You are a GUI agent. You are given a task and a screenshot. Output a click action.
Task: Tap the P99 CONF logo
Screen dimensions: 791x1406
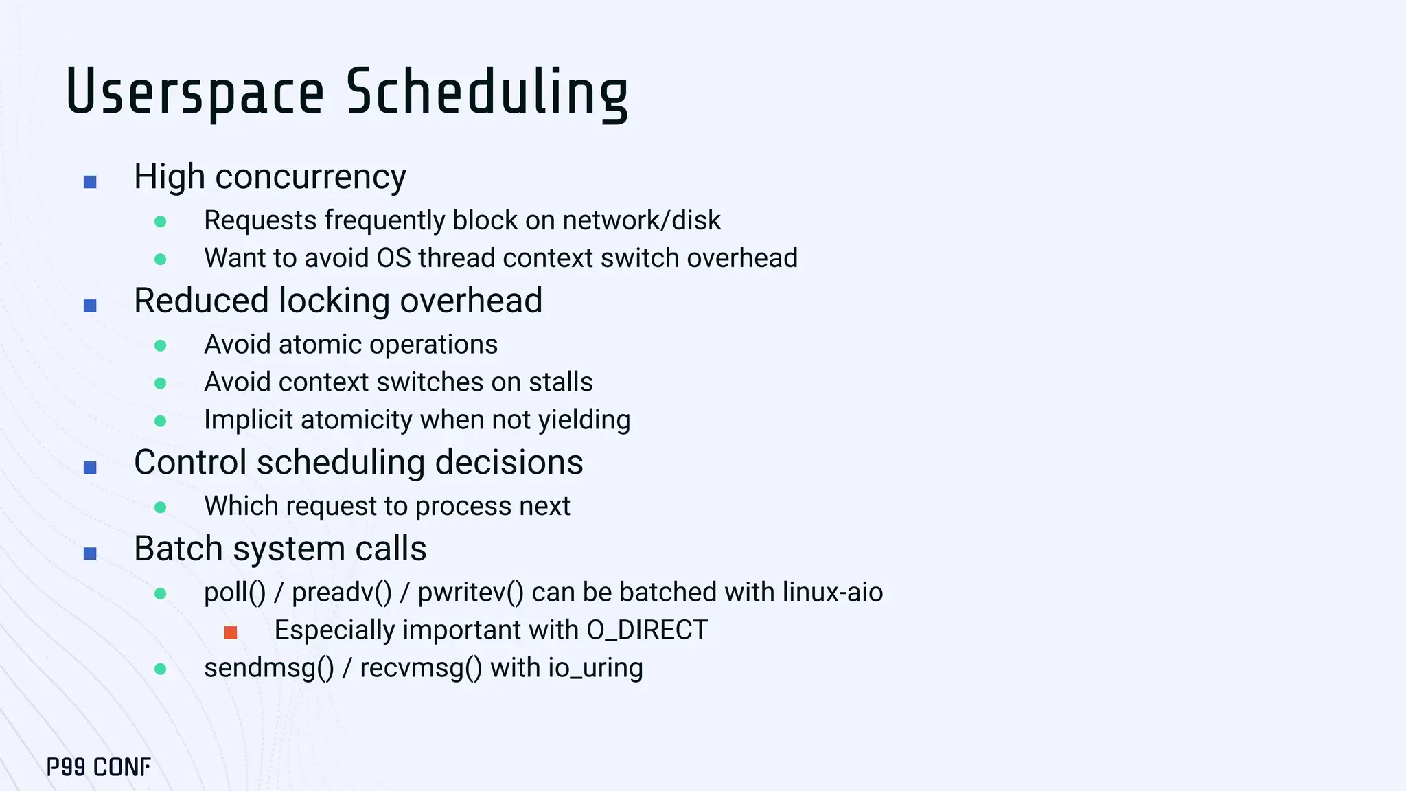[x=99, y=767]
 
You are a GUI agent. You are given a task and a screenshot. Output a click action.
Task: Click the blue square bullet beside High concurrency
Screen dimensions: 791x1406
[x=90, y=182]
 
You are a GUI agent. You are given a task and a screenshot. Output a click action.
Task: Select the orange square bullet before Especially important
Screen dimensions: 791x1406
[x=231, y=632]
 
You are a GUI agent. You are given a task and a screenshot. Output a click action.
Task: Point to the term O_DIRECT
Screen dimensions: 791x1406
[x=647, y=630]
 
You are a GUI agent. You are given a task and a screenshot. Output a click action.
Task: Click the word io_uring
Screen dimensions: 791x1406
[x=595, y=668]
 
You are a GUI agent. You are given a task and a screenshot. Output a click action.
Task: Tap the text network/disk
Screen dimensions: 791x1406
[x=641, y=220]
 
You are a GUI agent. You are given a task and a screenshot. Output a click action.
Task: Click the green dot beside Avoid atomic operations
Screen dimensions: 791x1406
[x=161, y=345]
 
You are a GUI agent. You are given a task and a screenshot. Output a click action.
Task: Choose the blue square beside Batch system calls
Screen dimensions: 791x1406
[x=90, y=553]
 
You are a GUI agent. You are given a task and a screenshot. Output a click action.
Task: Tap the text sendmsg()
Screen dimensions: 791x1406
[x=268, y=668]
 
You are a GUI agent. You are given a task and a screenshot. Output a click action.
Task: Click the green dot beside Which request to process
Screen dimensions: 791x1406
[x=161, y=507]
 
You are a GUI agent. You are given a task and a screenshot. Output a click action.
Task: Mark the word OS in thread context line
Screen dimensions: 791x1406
[x=393, y=258]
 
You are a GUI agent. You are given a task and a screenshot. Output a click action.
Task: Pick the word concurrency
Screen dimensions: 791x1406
[x=310, y=178]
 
